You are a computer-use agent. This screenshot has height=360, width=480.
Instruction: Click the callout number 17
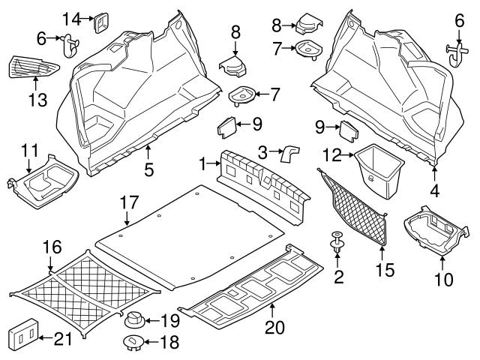click(129, 202)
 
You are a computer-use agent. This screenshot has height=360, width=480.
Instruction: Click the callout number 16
click(50, 246)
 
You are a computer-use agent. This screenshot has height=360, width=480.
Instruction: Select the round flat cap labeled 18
click(133, 343)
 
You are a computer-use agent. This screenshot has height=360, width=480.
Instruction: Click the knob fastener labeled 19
click(133, 320)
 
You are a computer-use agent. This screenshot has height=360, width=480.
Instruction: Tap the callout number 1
click(202, 161)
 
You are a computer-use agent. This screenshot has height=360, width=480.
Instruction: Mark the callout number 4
click(434, 190)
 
